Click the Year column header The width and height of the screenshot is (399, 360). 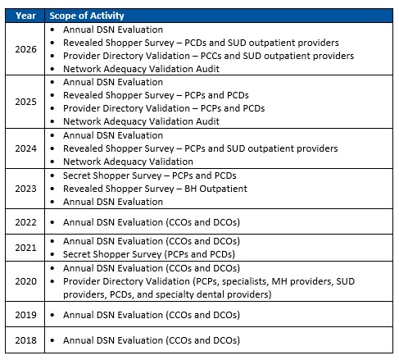click(x=25, y=16)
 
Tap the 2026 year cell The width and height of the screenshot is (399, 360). click(x=25, y=49)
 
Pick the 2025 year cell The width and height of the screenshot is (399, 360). click(x=25, y=102)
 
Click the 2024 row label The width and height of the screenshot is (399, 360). click(x=25, y=148)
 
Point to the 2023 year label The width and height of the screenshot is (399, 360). click(x=25, y=188)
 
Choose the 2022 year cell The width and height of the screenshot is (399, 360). click(x=25, y=221)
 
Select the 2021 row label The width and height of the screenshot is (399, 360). click(x=25, y=248)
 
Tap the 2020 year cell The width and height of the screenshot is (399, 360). click(x=25, y=280)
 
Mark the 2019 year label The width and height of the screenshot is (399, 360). click(x=25, y=314)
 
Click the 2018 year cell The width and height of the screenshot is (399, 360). click(x=25, y=339)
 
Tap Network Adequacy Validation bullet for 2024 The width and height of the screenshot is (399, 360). click(x=134, y=162)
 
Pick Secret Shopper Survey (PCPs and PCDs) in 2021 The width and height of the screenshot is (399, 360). click(x=150, y=254)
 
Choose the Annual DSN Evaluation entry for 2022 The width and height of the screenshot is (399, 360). click(x=152, y=221)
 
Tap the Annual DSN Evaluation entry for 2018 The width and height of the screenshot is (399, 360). click(x=152, y=339)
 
